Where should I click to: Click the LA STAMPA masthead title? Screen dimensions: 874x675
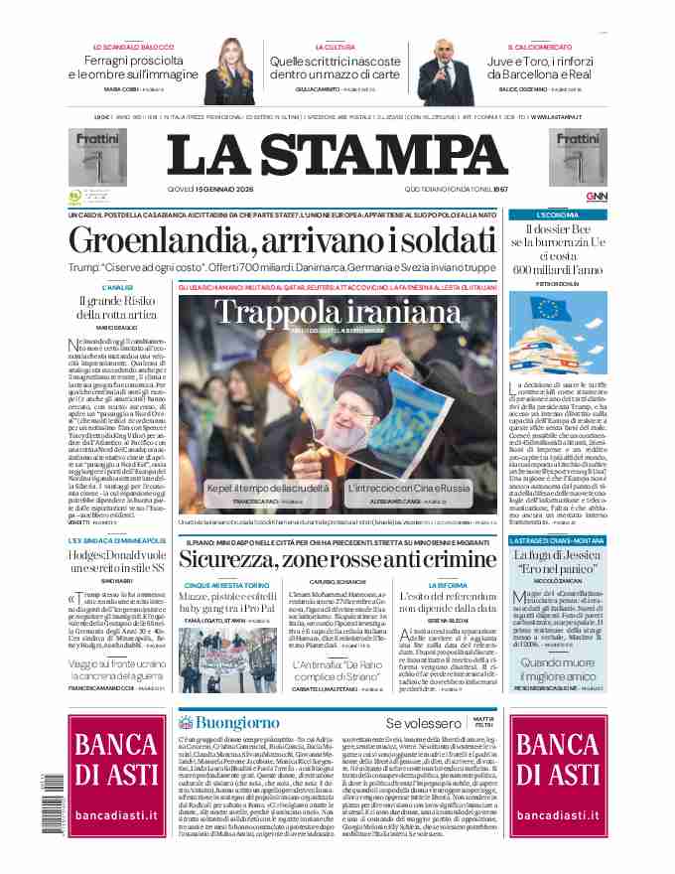338,155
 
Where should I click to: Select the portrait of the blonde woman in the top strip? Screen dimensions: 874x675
225,72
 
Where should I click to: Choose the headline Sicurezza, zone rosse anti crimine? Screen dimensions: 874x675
338,558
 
